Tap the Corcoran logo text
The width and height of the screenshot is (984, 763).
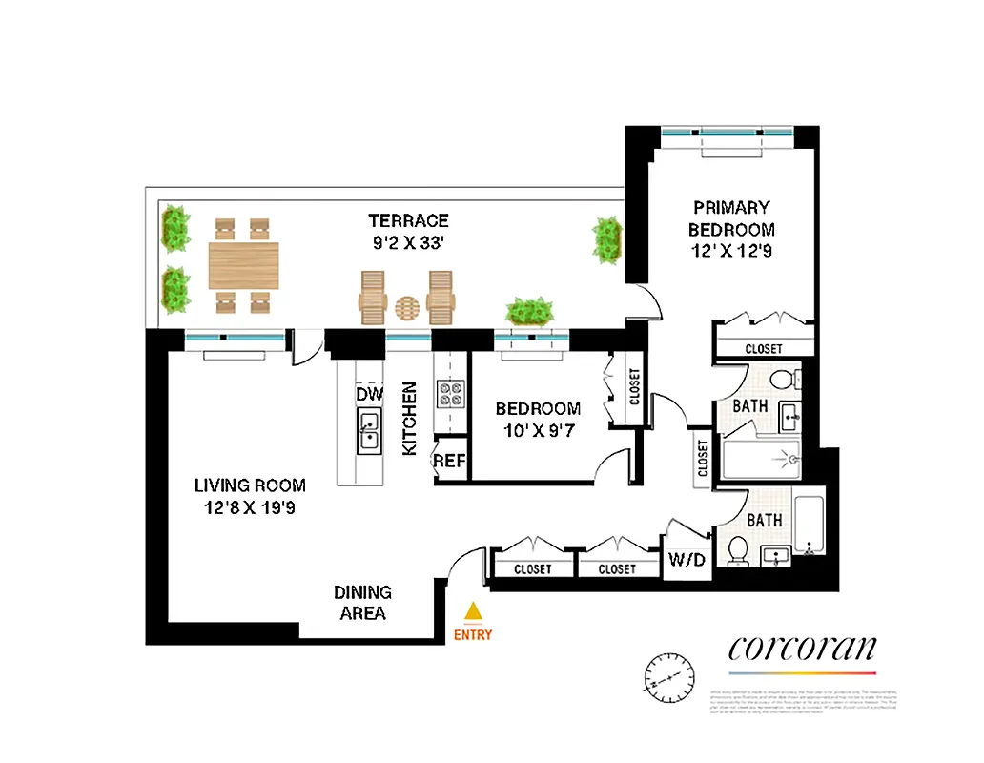[x=802, y=649]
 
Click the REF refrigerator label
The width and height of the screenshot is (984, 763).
[x=449, y=461]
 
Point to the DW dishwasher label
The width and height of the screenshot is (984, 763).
[x=369, y=394]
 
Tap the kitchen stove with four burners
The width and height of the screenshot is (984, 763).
[x=449, y=393]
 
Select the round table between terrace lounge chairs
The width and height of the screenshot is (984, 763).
[x=407, y=307]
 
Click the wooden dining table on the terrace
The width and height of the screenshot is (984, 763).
[x=244, y=265]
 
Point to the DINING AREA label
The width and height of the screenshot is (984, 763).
[x=362, y=603]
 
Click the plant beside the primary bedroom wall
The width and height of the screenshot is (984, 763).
[x=607, y=239]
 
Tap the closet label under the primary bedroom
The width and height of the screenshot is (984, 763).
[x=764, y=349]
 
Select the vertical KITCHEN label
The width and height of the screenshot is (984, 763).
[x=409, y=419]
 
